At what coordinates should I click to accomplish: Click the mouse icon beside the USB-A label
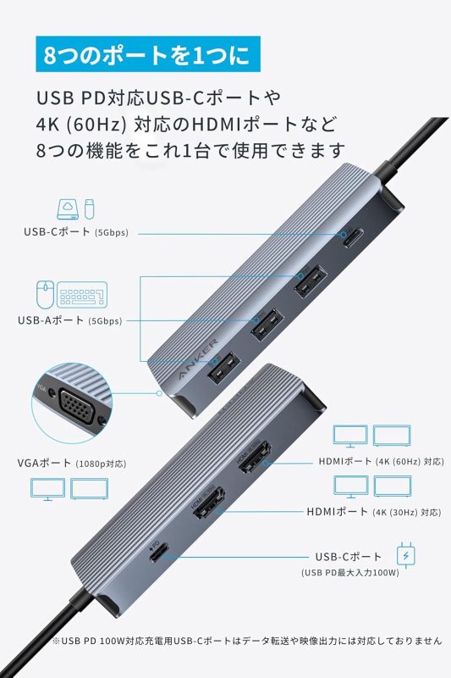tap(44, 295)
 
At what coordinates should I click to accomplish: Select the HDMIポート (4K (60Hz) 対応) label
tap(381, 462)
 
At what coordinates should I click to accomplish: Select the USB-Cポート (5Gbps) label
tap(75, 231)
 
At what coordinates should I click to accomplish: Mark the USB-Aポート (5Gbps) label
tap(69, 320)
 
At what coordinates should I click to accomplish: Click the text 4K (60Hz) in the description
tap(82, 124)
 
